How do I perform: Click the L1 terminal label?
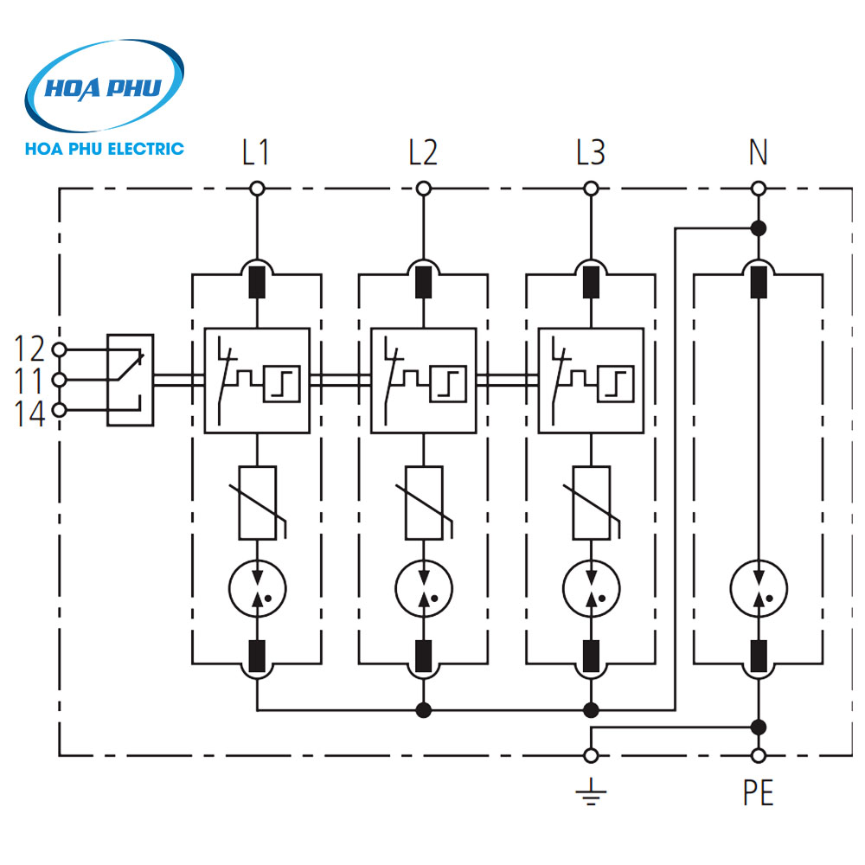(x=256, y=153)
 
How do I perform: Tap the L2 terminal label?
(x=423, y=153)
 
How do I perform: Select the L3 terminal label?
(x=591, y=153)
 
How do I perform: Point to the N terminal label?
(x=758, y=153)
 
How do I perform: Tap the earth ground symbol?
(x=591, y=792)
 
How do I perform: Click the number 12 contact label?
(x=29, y=349)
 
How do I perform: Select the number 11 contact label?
(x=29, y=381)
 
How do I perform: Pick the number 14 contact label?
(x=29, y=413)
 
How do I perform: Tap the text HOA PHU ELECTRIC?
(x=105, y=148)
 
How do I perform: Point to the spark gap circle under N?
(x=758, y=588)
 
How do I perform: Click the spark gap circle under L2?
(x=423, y=588)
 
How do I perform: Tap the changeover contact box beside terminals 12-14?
(x=130, y=381)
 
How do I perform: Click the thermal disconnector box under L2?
(x=423, y=381)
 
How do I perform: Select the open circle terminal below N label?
(x=758, y=189)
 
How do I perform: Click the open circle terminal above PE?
(x=758, y=755)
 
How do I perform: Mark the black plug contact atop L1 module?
(x=256, y=282)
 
